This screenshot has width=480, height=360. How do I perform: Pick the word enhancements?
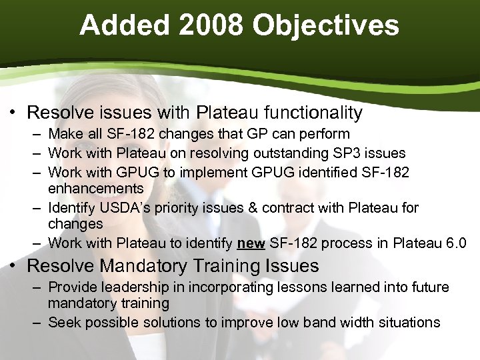point(95,189)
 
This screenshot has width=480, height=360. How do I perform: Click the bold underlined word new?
point(251,243)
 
